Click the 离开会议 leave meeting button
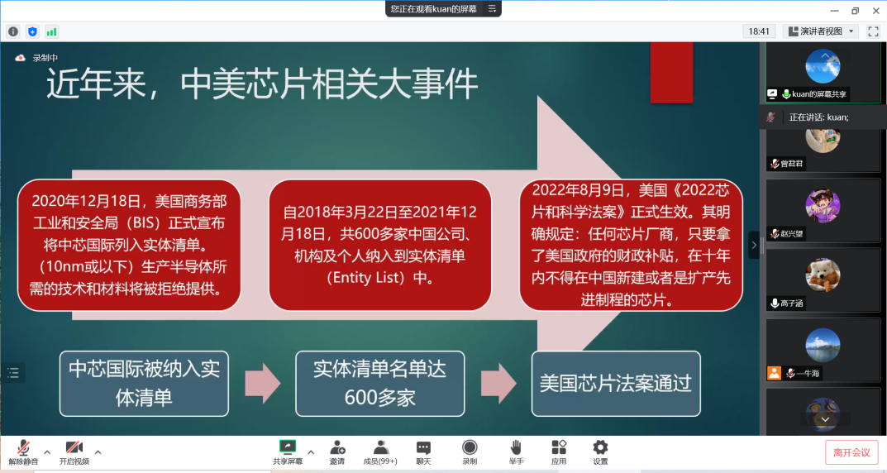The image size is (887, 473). click(x=851, y=452)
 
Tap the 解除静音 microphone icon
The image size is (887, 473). click(x=23, y=447)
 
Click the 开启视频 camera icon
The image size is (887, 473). click(x=74, y=447)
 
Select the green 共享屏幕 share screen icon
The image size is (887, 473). click(x=288, y=447)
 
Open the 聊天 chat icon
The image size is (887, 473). click(x=423, y=448)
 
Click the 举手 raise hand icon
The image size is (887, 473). click(x=516, y=447)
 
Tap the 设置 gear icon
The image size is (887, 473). click(x=600, y=447)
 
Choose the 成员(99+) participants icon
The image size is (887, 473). click(x=381, y=447)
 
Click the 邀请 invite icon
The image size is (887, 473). click(x=338, y=447)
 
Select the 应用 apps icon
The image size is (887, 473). click(x=559, y=447)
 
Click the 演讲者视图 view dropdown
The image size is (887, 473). click(x=821, y=31)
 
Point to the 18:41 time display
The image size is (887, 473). click(x=759, y=31)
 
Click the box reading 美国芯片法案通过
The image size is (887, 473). click(x=616, y=384)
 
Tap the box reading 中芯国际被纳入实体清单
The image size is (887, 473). click(x=144, y=384)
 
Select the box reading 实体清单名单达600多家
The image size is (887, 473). click(x=380, y=384)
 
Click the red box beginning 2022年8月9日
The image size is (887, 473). click(x=631, y=245)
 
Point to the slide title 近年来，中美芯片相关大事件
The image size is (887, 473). click(x=262, y=84)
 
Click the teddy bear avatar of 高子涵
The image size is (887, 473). click(x=823, y=275)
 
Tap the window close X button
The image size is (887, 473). click(x=875, y=10)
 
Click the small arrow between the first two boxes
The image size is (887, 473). click(x=263, y=384)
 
